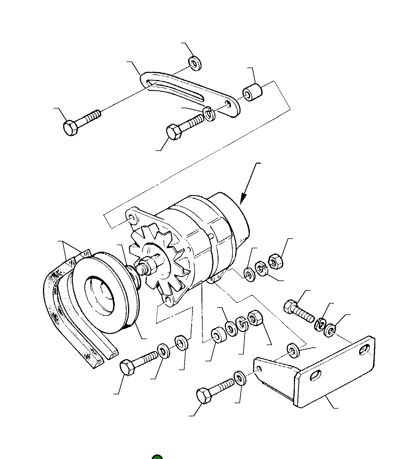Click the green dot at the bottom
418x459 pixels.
[157, 456]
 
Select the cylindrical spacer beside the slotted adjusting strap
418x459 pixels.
[252, 92]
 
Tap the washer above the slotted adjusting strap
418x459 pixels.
[195, 63]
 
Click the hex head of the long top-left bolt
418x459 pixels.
[70, 128]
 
